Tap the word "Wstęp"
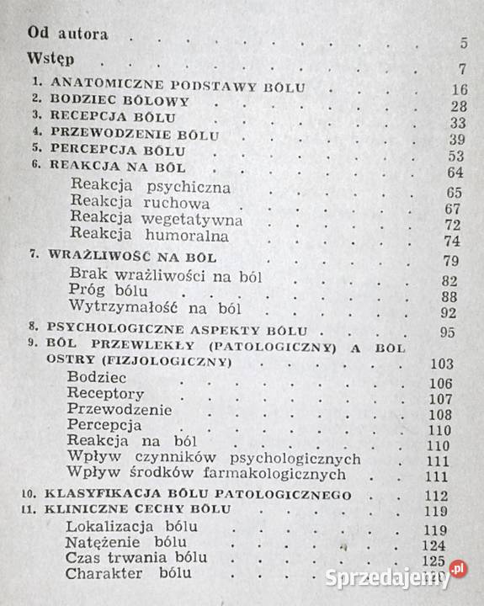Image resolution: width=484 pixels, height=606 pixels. pos(51,61)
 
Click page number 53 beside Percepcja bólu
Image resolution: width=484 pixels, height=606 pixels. pos(457,157)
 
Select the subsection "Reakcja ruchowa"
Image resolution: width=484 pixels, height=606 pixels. pos(140,204)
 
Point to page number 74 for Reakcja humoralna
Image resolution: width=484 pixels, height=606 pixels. pos(457,240)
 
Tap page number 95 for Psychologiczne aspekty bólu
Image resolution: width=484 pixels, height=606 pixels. pos(457,332)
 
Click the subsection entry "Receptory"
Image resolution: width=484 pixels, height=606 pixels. pos(107,393)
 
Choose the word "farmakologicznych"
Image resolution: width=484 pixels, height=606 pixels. pos(288,475)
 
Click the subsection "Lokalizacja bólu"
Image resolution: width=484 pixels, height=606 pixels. pos(130,528)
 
